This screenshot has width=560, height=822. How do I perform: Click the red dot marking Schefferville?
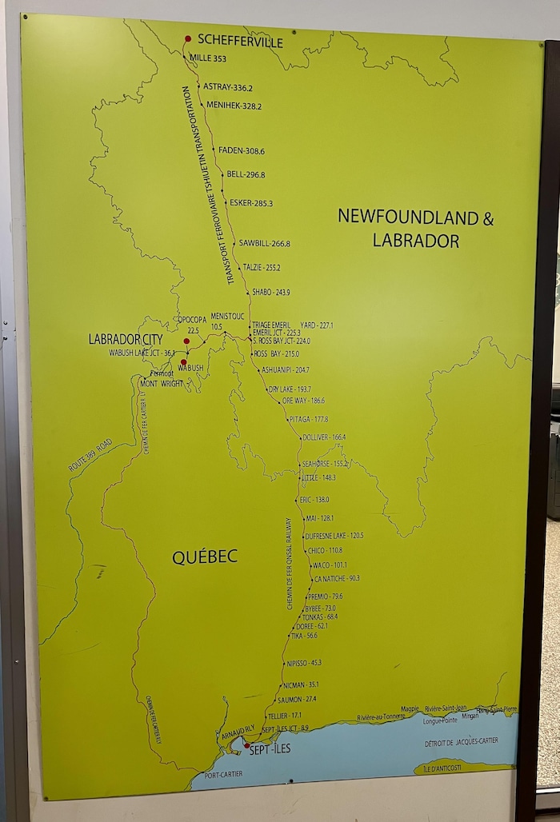(x=188, y=38)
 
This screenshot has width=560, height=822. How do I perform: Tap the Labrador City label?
(x=125, y=339)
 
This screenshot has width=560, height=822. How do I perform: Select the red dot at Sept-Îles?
(x=246, y=745)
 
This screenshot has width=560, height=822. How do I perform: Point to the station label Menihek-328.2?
(x=234, y=106)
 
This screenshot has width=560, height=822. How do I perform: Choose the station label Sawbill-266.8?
(x=264, y=243)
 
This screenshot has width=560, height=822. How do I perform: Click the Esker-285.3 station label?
(x=250, y=203)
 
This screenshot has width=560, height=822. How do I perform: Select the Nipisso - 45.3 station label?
(x=304, y=663)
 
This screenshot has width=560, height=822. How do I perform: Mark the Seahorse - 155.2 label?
(x=325, y=464)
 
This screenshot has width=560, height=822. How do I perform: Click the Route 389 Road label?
(x=90, y=455)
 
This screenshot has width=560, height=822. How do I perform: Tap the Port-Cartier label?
(x=222, y=775)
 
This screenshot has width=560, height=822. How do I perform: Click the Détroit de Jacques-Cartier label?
(x=462, y=741)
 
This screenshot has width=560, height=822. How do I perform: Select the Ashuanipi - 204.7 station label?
(x=285, y=370)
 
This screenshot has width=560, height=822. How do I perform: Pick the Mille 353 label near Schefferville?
(x=207, y=58)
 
